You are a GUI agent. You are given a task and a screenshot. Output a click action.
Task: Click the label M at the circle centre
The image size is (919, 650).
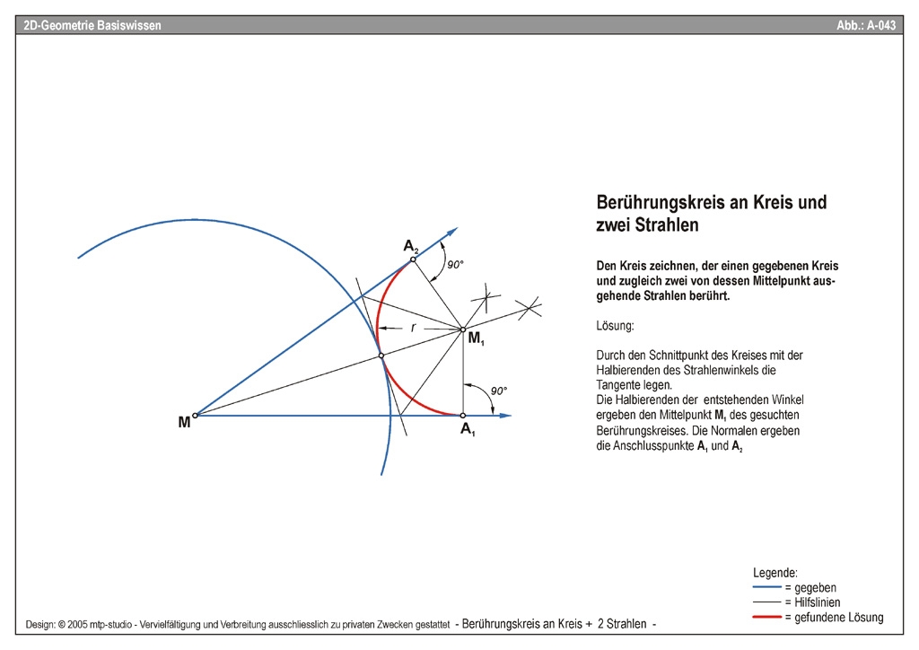coord(183,421)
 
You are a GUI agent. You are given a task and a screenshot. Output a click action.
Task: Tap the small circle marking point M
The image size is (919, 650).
coord(195,415)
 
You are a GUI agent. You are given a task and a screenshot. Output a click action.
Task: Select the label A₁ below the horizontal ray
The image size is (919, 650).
coord(468,430)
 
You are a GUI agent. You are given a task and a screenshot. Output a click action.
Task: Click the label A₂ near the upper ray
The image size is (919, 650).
coord(410,245)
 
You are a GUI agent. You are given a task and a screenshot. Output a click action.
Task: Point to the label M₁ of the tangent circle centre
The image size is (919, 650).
coord(475,338)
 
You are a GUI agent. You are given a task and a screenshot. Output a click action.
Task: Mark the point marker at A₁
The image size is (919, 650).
coord(462,415)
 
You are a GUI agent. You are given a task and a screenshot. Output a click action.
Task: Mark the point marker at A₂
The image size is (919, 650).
coord(413,260)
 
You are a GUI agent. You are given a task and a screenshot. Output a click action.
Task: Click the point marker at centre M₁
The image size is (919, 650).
coord(463,329)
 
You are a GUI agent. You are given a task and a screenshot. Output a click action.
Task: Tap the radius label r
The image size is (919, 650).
coord(413,328)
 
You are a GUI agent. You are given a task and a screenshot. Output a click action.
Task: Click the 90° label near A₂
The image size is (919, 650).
coord(455,265)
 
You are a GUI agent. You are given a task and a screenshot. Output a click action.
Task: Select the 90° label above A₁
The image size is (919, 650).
coord(499,391)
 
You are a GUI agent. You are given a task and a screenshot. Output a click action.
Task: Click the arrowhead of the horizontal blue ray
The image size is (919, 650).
coord(505,415)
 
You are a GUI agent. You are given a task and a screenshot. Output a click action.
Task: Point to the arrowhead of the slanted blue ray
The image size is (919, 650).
coord(453,232)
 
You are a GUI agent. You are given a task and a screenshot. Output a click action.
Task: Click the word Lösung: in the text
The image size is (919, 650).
coord(615,325)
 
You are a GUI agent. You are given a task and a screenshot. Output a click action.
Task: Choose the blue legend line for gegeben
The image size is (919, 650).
coord(767,587)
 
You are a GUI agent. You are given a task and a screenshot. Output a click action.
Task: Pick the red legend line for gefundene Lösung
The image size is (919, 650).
coord(767,618)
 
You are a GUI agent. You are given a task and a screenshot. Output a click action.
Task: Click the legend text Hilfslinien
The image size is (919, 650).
coord(811,602)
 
